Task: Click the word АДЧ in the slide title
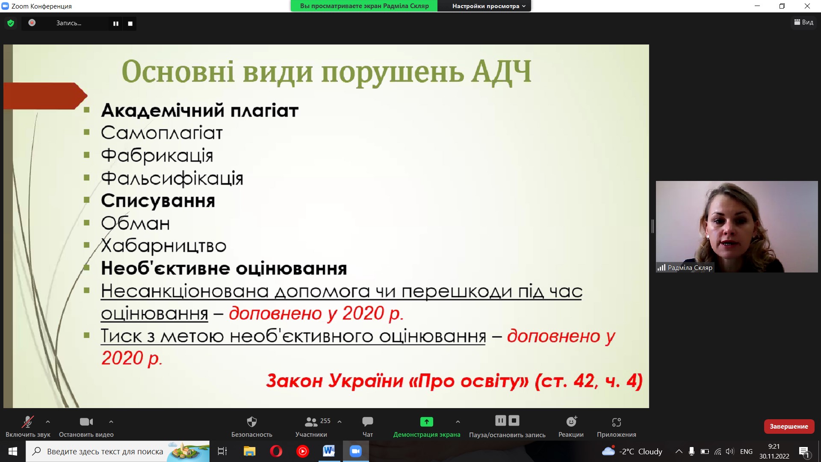[501, 71]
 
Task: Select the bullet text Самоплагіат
[162, 133]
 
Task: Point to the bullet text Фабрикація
[157, 156]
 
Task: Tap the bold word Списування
[158, 201]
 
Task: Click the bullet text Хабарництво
[163, 246]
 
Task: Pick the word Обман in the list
[135, 223]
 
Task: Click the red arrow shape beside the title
[45, 96]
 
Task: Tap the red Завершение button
[789, 426]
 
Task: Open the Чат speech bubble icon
[367, 422]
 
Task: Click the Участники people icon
[311, 422]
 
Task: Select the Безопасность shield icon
[252, 422]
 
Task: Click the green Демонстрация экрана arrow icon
[426, 422]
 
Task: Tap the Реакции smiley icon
[571, 422]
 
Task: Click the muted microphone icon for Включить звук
[28, 422]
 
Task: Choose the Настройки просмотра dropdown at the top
[488, 6]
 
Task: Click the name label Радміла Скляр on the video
[690, 268]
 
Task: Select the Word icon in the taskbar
[329, 451]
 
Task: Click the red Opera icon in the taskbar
[276, 451]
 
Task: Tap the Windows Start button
[13, 451]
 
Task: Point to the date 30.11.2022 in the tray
[774, 456]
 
